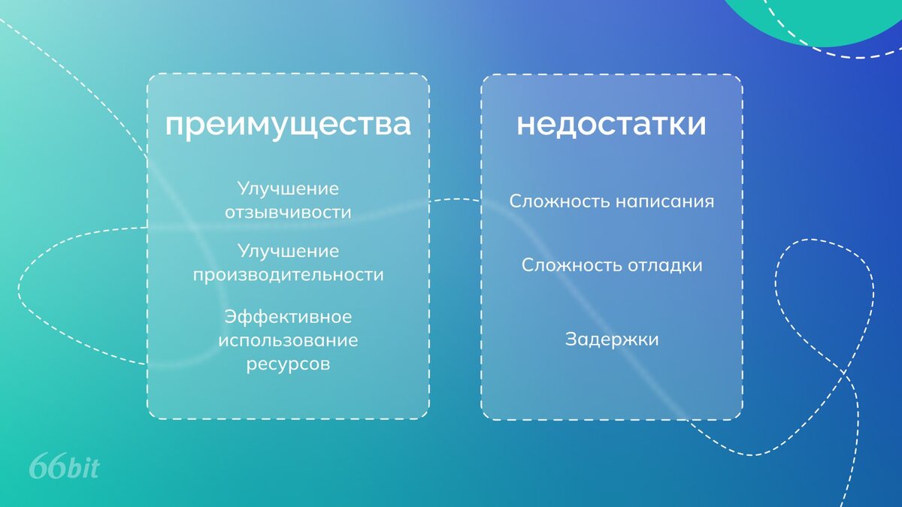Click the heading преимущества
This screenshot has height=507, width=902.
[x=288, y=125]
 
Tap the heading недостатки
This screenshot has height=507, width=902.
[x=611, y=124]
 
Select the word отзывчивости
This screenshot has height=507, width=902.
[x=288, y=212]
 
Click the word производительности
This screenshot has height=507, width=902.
[x=288, y=275]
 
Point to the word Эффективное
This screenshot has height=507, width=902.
[x=288, y=317]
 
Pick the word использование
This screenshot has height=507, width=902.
[x=288, y=340]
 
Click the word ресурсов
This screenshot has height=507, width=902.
[x=288, y=364]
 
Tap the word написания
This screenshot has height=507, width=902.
[x=664, y=201]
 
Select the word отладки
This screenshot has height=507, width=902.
[x=665, y=265]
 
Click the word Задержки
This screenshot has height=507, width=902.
[x=612, y=340]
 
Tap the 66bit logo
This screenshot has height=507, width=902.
[x=65, y=466]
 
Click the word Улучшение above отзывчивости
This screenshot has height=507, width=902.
[x=288, y=189]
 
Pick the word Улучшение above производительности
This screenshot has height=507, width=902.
[x=288, y=252]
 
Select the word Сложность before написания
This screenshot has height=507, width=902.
[x=559, y=201]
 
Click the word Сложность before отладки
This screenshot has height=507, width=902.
[x=572, y=265]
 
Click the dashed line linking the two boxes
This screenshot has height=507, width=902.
[x=455, y=199]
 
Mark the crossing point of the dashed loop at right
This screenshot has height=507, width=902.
[x=844, y=373]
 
